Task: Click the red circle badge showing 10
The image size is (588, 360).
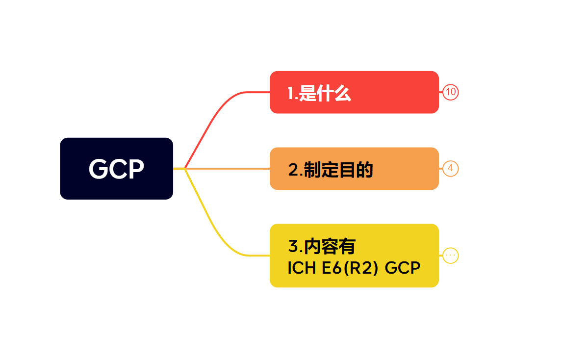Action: (x=450, y=92)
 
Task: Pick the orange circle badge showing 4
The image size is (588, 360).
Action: (x=450, y=169)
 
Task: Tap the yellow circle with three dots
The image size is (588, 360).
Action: (x=450, y=256)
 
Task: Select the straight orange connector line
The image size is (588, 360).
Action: (x=230, y=169)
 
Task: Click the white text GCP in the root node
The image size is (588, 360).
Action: (x=116, y=169)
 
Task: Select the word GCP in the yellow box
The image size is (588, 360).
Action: (x=403, y=268)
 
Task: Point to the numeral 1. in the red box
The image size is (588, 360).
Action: (x=292, y=93)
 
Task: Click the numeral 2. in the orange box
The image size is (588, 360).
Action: (x=295, y=170)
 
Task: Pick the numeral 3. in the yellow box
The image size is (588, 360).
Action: (x=295, y=246)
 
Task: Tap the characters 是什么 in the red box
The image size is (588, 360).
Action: (x=325, y=93)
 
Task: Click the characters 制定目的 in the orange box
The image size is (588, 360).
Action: (x=338, y=170)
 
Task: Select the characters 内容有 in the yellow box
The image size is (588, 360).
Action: (x=330, y=246)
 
